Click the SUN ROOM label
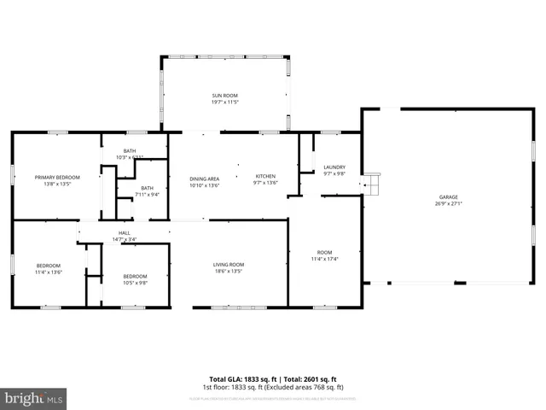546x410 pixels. (225, 95)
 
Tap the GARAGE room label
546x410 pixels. (448, 197)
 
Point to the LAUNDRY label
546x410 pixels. (334, 167)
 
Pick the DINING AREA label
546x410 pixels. (205, 177)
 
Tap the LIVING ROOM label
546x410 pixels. (229, 264)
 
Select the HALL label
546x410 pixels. (125, 232)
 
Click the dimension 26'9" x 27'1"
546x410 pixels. (448, 204)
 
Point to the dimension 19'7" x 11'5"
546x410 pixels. (225, 102)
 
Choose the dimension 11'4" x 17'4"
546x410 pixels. (323, 259)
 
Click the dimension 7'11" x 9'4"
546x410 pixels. (148, 194)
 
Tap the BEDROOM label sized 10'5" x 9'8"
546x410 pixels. (135, 276)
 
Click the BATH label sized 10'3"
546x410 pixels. (130, 150)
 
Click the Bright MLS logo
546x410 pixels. (33, 397)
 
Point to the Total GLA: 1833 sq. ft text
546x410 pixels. (241, 378)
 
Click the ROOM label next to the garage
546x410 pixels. (323, 252)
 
